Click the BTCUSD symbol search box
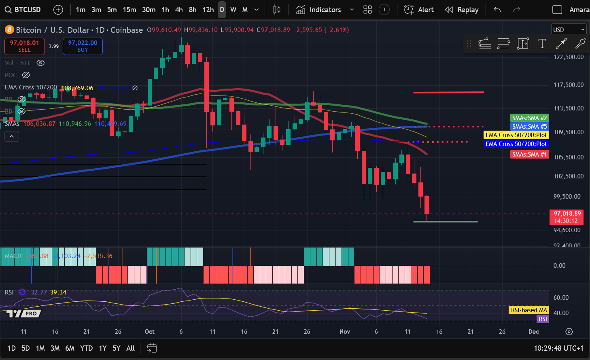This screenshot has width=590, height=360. [23, 10]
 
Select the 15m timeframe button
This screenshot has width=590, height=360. [129, 10]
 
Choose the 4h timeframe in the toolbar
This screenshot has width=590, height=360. [179, 10]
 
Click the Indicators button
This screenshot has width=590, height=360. [319, 10]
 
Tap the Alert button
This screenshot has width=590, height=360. [419, 10]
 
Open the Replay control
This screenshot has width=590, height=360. [462, 10]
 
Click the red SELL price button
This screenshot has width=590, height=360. [24, 46]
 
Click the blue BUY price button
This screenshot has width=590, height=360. [83, 46]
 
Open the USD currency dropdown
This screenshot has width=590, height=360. [569, 30]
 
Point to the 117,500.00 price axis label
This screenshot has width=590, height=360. [569, 85]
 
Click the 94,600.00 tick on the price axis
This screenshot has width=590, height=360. [567, 230]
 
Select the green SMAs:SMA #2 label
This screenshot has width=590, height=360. [529, 118]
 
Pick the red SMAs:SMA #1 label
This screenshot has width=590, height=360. [529, 155]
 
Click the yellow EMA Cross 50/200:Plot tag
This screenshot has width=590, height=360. [516, 135]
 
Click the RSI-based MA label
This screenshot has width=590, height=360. [528, 310]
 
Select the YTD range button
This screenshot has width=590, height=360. [86, 348]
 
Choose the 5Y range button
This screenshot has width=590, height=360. [117, 348]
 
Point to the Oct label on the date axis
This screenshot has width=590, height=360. [150, 332]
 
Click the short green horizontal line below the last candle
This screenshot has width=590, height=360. [445, 222]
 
